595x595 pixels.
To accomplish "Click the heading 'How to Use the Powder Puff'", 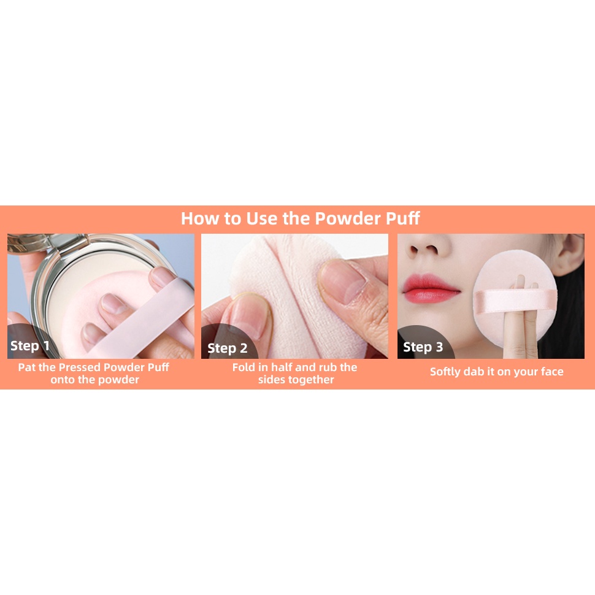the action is click(300, 218).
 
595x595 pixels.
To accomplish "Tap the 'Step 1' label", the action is click(30, 346).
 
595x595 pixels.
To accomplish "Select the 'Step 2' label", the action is click(228, 348).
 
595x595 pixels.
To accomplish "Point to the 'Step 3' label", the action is click(423, 347).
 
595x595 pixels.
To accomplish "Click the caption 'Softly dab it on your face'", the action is click(496, 372).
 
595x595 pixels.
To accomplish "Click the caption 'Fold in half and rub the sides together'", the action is click(295, 374).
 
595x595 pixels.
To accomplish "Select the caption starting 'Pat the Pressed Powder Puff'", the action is click(94, 374).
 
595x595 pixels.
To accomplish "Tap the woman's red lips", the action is click(431, 288).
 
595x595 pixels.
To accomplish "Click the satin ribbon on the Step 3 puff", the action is click(515, 301).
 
